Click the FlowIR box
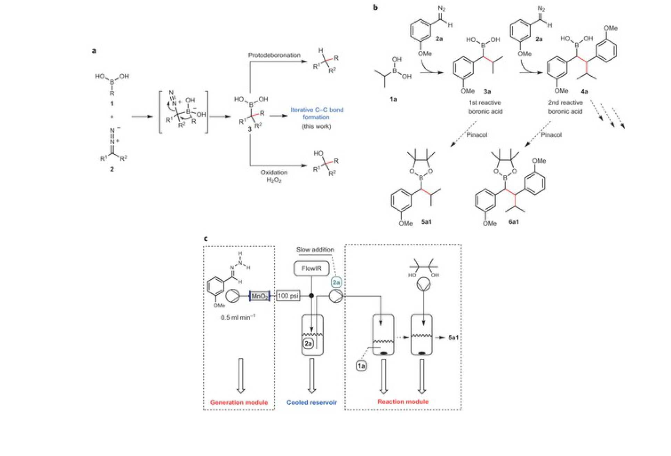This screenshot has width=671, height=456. pyautogui.click(x=311, y=269)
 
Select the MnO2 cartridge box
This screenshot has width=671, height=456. pyautogui.click(x=259, y=296)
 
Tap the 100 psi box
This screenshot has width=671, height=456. pyautogui.click(x=288, y=296)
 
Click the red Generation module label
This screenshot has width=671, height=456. pyautogui.click(x=239, y=403)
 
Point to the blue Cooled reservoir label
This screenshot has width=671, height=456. pyautogui.click(x=312, y=403)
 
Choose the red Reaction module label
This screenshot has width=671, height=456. pyautogui.click(x=403, y=402)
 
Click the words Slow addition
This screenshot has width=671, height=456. pyautogui.click(x=315, y=250)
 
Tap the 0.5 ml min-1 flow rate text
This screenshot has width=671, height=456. pyautogui.click(x=238, y=318)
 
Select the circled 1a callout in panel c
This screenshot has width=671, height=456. pyautogui.click(x=361, y=366)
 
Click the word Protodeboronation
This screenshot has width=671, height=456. pyautogui.click(x=274, y=55)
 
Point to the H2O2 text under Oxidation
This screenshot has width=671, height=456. pyautogui.click(x=274, y=180)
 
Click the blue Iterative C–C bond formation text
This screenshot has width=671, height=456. pyautogui.click(x=317, y=113)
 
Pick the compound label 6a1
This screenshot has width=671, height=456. pyautogui.click(x=514, y=222)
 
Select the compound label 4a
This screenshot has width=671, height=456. pyautogui.click(x=585, y=92)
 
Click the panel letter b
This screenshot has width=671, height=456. pyautogui.click(x=375, y=8)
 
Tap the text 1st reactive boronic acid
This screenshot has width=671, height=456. pyautogui.click(x=485, y=107)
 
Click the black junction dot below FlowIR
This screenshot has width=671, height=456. pyautogui.click(x=312, y=296)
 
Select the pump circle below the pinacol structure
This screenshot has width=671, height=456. pyautogui.click(x=423, y=284)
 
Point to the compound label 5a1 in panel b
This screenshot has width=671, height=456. pyautogui.click(x=426, y=222)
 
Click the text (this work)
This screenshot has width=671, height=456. pyautogui.click(x=316, y=126)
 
